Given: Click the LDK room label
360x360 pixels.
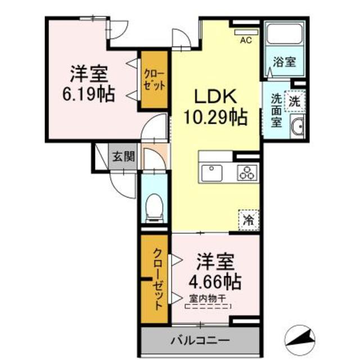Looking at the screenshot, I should pos(214,97).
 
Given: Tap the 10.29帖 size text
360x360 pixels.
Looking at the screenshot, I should pos(214,118).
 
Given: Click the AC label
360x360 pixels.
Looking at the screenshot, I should pos(246,40).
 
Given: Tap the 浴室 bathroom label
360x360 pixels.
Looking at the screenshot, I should pos(284,62).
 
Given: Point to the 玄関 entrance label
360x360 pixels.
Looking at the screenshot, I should pos(122,157).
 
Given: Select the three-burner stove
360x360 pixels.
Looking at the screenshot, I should pos(247,173).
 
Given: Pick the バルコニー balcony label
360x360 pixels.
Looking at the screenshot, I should pos(199,341).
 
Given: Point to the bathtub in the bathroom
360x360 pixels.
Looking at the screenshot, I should pos(284,34).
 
